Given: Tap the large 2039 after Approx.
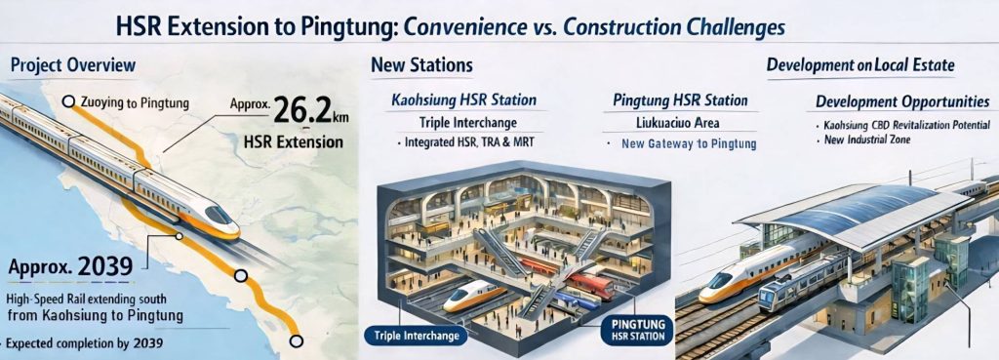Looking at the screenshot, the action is tap(105, 265).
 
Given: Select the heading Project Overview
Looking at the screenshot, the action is tap(73, 65).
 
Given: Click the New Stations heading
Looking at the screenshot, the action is tap(421, 65).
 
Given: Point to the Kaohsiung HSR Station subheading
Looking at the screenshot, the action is tap(463, 100).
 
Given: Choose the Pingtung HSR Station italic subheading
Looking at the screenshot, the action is tap(680, 100).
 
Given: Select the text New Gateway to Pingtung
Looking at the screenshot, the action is tap(689, 144).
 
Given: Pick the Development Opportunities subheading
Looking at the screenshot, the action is tap(902, 101).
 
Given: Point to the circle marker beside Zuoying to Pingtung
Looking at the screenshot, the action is tap(69, 101).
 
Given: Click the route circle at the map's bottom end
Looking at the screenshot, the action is tap(296, 341).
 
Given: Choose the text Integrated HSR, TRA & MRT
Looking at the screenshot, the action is tap(469, 142).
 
